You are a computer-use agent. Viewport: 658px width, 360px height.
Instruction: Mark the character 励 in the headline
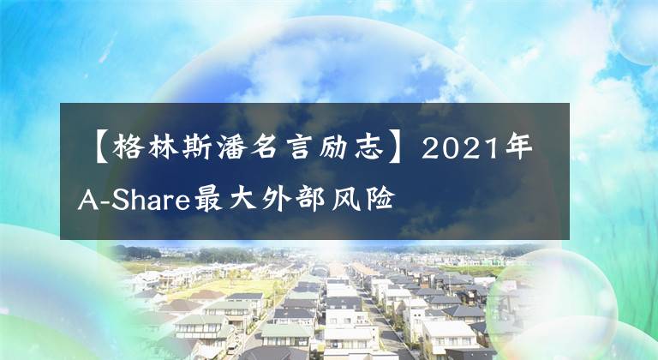339,152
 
